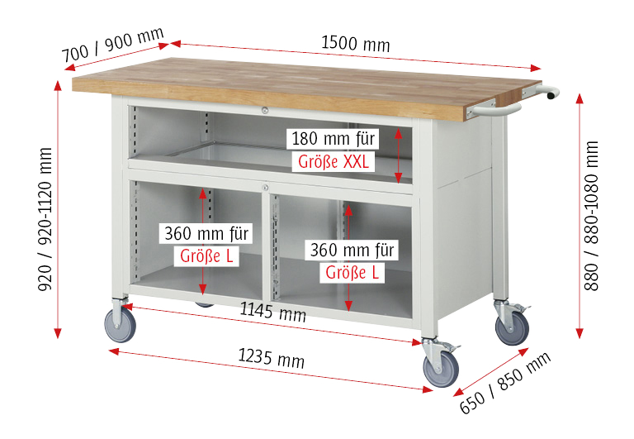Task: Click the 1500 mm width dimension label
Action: [x=355, y=43]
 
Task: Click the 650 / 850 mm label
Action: [x=504, y=384]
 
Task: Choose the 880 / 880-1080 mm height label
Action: [x=591, y=216]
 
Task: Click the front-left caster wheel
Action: [x=121, y=325]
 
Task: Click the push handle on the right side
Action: [x=522, y=99]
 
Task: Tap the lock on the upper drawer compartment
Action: [x=263, y=111]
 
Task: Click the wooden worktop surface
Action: [x=289, y=79]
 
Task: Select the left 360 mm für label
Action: [x=206, y=233]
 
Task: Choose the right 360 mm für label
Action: [x=352, y=249]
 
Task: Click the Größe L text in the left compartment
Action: [x=206, y=255]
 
